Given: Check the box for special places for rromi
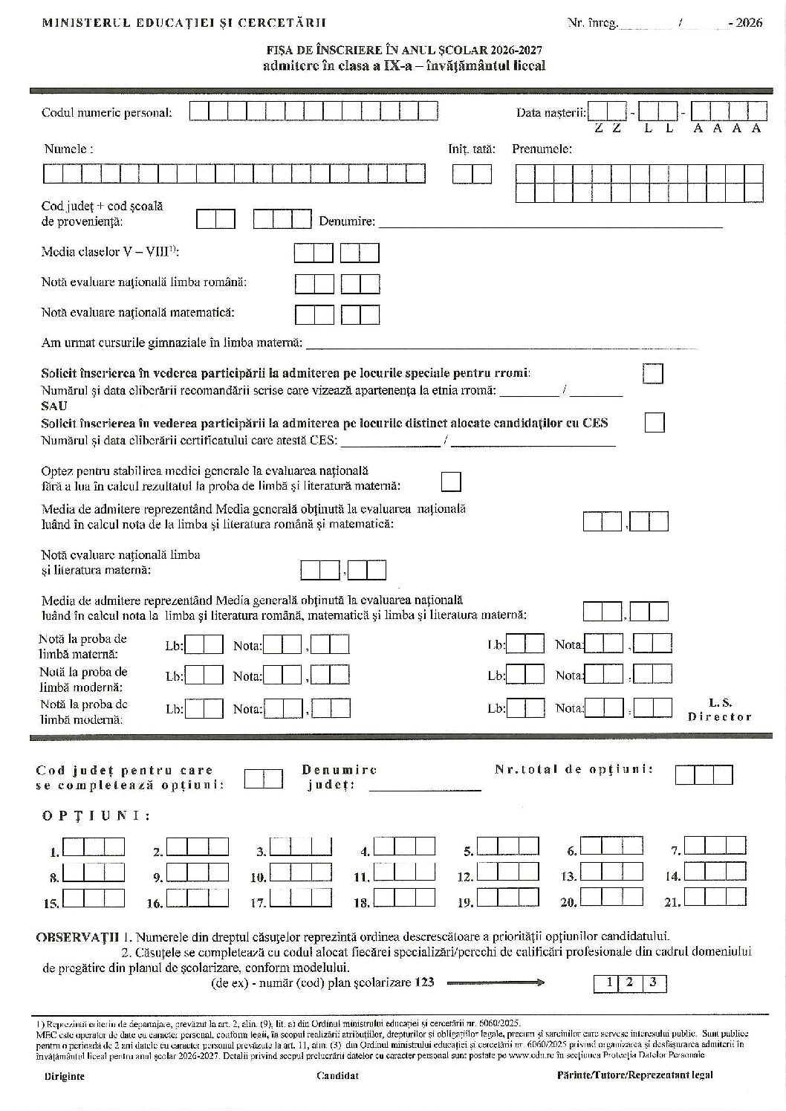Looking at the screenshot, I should (653, 373).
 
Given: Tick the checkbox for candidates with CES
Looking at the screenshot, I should (655, 422).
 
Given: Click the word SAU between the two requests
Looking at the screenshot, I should (54, 406).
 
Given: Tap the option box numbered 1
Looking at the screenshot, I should (94, 848).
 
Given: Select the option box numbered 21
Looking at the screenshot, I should (715, 897).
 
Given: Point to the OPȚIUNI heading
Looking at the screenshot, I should (96, 816).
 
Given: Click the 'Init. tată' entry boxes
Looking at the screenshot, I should (472, 174).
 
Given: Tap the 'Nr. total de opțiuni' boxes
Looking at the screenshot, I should (704, 775).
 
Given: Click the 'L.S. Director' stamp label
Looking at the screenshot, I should (720, 710).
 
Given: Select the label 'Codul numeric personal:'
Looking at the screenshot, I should (107, 113).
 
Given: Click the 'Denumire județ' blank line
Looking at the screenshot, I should (425, 788).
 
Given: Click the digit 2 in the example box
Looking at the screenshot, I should (629, 982).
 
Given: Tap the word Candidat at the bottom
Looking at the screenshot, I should (337, 1075).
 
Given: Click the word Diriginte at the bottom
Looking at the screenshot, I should (64, 1075).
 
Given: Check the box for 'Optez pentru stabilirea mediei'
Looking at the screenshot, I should (451, 482).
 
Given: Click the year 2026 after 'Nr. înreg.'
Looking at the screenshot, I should (746, 23).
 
